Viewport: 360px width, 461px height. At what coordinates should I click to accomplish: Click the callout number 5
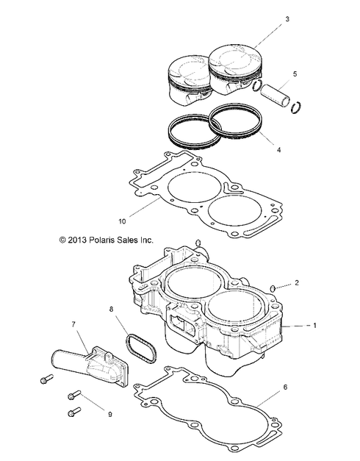point(294,74)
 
